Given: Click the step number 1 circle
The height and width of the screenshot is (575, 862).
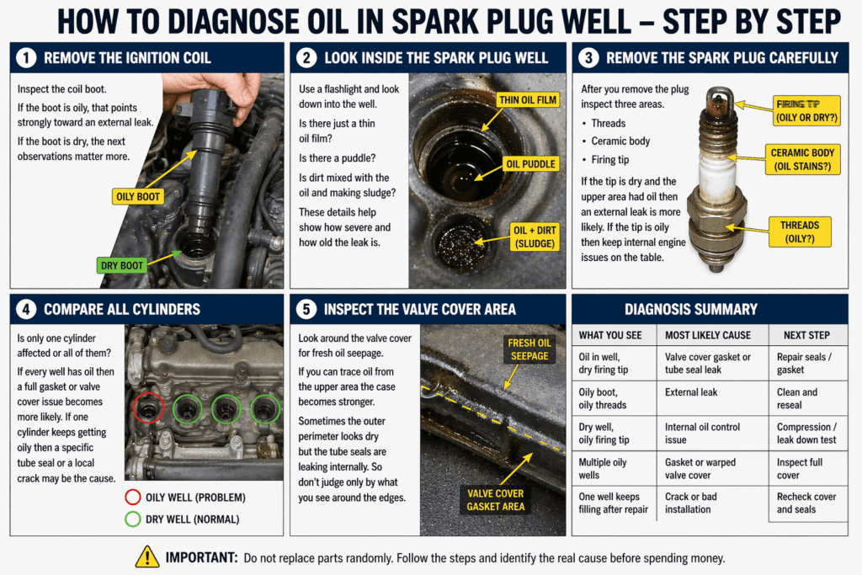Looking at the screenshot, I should tap(25, 58).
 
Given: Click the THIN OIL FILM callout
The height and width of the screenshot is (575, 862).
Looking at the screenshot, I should tap(528, 100).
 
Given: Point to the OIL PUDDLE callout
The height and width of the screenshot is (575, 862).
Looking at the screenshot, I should tap(527, 163).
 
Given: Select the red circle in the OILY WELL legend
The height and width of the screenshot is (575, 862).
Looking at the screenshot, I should tap(132, 495).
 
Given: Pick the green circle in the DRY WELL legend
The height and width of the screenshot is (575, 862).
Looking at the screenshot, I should tap(132, 519).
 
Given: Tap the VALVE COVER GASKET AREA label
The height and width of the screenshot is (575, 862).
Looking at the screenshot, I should tap(496, 500).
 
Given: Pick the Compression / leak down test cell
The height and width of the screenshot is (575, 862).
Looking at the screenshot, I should tap(806, 434).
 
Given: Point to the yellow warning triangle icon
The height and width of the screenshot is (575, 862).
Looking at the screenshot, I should tap(147, 556).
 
